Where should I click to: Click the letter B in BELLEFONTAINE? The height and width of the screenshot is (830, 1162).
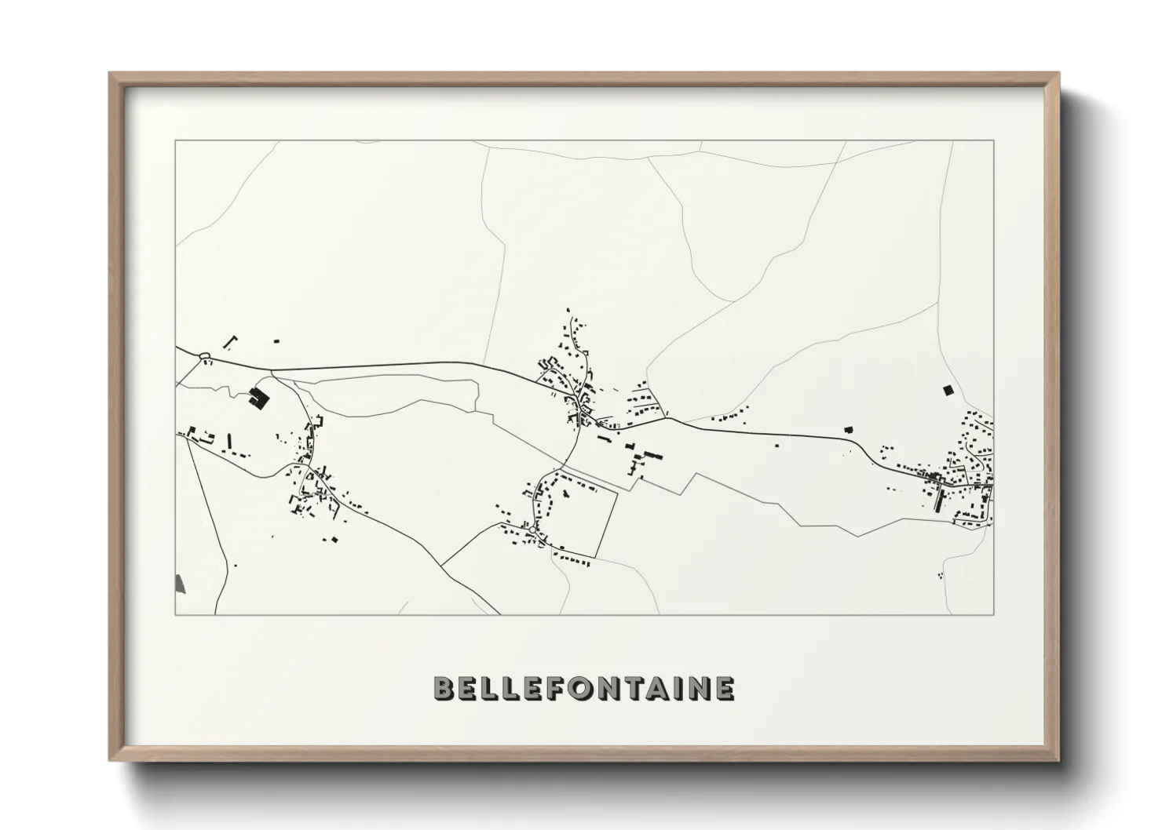click(x=444, y=689)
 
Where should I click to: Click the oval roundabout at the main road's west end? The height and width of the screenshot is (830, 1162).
click(x=205, y=357)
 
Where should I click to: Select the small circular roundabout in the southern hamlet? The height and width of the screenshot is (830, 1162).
click(x=533, y=530)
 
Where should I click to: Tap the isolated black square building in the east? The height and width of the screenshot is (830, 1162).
click(x=947, y=389)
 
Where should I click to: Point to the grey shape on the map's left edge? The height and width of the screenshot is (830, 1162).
click(x=180, y=583)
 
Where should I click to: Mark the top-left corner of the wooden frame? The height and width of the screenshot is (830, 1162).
click(x=110, y=74)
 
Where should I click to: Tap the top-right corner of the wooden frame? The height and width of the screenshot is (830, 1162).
click(x=1058, y=74)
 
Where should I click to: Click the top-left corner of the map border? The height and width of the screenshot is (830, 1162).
click(x=175, y=141)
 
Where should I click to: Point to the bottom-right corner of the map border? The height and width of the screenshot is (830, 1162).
click(x=994, y=614)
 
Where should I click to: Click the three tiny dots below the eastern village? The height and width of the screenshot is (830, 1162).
click(x=940, y=576)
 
